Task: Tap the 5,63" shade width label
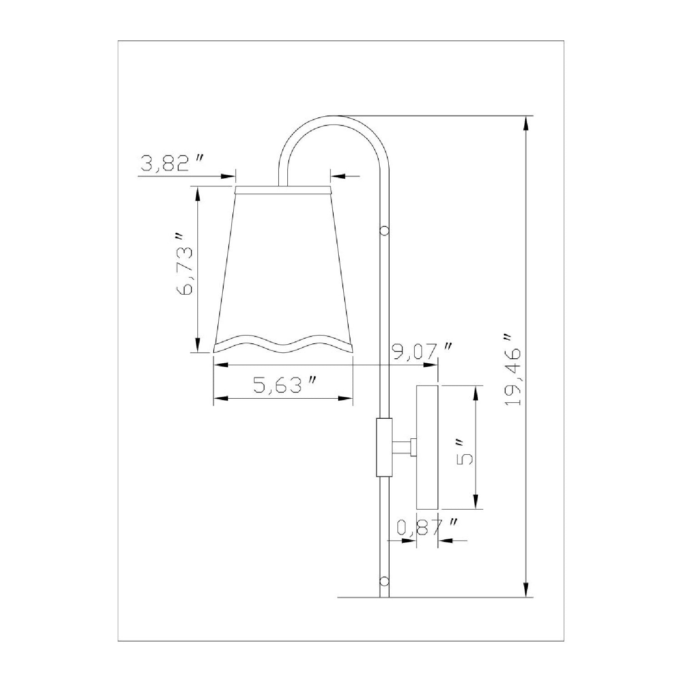[x=285, y=386]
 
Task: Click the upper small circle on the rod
[x=385, y=231]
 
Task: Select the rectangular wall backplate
[x=427, y=447]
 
